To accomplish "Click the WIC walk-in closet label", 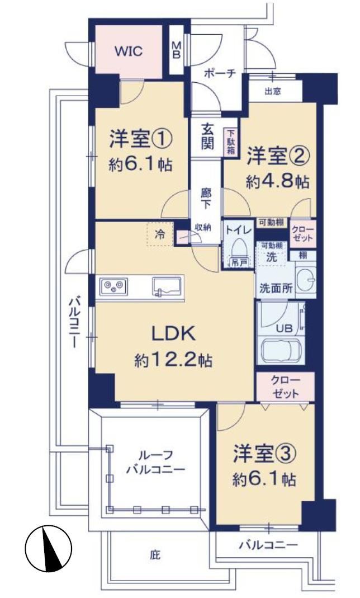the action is point(129,51).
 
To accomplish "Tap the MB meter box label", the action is point(177,50).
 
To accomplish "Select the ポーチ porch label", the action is point(220,73).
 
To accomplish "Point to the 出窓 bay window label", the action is point(272,91).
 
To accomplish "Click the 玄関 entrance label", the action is point(207,137).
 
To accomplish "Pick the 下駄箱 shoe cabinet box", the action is point(231,142).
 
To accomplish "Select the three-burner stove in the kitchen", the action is point(113,286).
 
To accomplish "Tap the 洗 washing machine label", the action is point(271,257).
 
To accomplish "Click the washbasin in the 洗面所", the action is point(306,280).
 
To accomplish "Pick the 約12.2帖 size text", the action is point(173,360).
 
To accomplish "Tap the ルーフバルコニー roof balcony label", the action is point(155,462).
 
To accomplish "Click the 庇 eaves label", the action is point(155,554).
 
